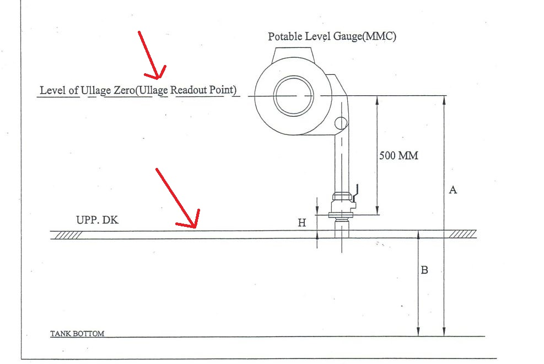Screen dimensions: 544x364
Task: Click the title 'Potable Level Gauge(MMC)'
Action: coord(332,36)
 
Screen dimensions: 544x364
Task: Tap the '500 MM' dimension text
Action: coord(398,155)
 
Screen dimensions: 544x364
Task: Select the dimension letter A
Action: coord(453,189)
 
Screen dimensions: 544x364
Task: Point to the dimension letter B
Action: coord(424,270)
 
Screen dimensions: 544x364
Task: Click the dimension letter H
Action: coord(302,222)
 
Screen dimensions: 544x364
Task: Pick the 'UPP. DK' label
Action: coord(97,220)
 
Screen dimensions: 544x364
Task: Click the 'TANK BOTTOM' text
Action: coord(77,334)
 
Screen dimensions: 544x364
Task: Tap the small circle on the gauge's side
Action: coord(341,123)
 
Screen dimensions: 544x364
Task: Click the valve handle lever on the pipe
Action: coord(356,192)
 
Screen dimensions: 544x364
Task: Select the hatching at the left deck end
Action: coord(68,235)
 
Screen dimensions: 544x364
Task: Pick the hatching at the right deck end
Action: coord(462,234)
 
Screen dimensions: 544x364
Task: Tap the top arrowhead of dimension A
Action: coord(444,100)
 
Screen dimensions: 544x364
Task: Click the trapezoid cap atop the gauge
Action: coord(294,55)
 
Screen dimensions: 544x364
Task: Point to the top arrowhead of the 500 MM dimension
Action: coord(377,101)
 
